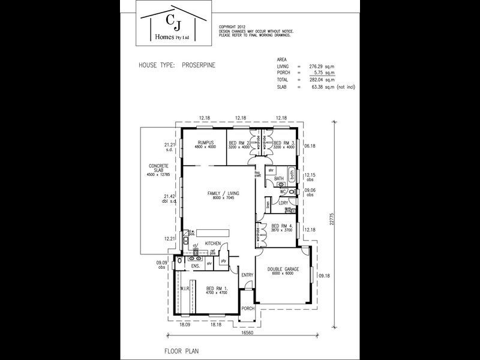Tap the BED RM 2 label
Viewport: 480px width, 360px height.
point(238,142)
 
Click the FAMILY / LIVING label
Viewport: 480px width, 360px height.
point(223,193)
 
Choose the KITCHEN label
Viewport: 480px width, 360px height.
point(214,243)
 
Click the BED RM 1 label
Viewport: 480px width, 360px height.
point(211,287)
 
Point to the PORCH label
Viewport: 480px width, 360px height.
point(248,308)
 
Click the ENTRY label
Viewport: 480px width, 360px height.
point(247,275)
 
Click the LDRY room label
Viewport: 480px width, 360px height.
point(284,203)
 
